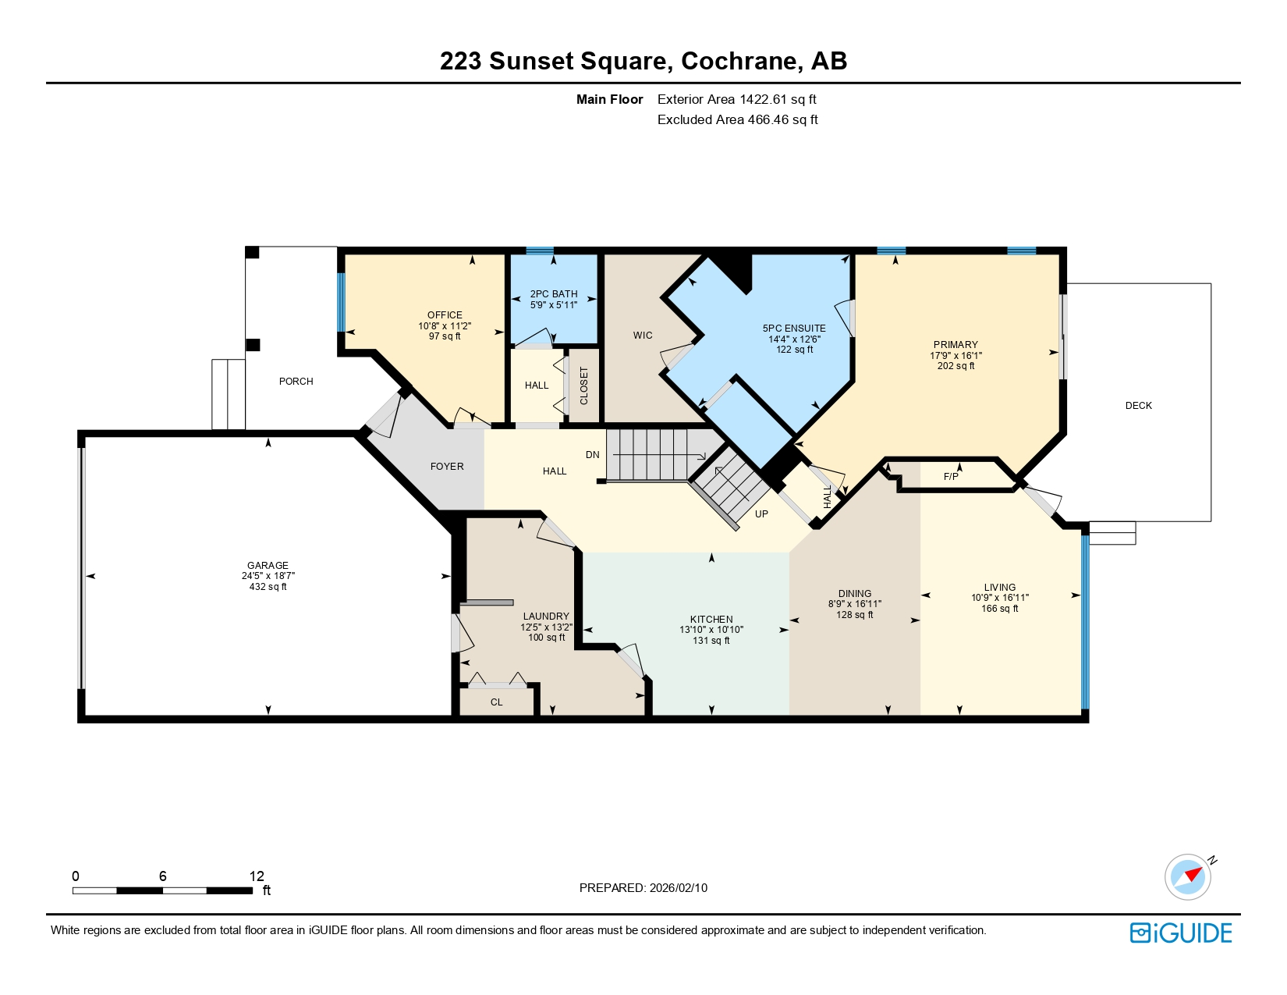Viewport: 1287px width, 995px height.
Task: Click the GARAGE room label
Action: point(268,565)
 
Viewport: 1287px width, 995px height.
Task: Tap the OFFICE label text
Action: point(445,315)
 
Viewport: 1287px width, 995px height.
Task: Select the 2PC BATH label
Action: point(554,294)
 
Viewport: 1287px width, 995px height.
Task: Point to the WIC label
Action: point(643,336)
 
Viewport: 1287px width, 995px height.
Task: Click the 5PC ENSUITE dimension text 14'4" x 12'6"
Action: point(794,339)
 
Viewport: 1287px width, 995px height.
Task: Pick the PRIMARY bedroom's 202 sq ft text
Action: point(955,366)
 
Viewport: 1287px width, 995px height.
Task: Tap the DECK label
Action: point(1138,406)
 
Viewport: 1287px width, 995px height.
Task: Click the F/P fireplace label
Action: point(951,477)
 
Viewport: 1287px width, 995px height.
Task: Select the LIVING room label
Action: point(999,588)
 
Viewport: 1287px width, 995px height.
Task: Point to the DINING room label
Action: point(855,594)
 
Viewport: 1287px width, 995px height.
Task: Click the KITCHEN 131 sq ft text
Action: point(711,641)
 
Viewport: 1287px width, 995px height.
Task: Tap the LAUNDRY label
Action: point(546,617)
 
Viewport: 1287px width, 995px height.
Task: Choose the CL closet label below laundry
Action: point(497,702)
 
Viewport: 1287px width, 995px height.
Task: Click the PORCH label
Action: point(296,382)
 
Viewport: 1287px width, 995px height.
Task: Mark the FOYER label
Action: point(447,467)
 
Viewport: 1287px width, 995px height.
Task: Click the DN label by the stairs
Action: point(593,455)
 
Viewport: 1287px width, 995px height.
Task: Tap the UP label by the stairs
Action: point(761,514)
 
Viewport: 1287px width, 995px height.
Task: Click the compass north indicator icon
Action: point(1188,876)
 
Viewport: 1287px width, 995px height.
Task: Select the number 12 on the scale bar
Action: point(257,876)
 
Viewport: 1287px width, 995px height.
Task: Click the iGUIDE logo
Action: point(1181,933)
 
